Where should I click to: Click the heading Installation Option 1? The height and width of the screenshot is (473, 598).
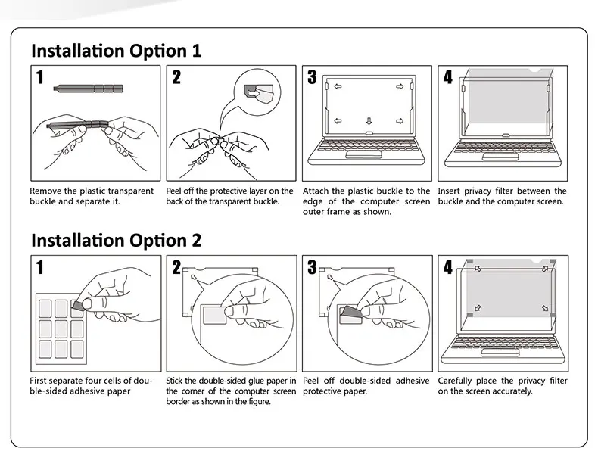tap(116, 51)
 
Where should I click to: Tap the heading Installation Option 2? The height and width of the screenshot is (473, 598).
tap(116, 240)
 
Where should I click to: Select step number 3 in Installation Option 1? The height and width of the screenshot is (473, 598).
tap(312, 76)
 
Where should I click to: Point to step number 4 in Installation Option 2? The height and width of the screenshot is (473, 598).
tap(448, 266)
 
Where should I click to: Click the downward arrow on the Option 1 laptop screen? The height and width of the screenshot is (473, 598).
tap(368, 121)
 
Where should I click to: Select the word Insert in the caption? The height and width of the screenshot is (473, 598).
tap(450, 191)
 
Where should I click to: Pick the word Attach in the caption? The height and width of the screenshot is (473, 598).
tap(316, 191)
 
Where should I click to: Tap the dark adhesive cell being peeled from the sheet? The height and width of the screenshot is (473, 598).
tap(78, 304)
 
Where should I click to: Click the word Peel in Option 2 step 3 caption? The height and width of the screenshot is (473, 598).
tap(312, 381)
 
